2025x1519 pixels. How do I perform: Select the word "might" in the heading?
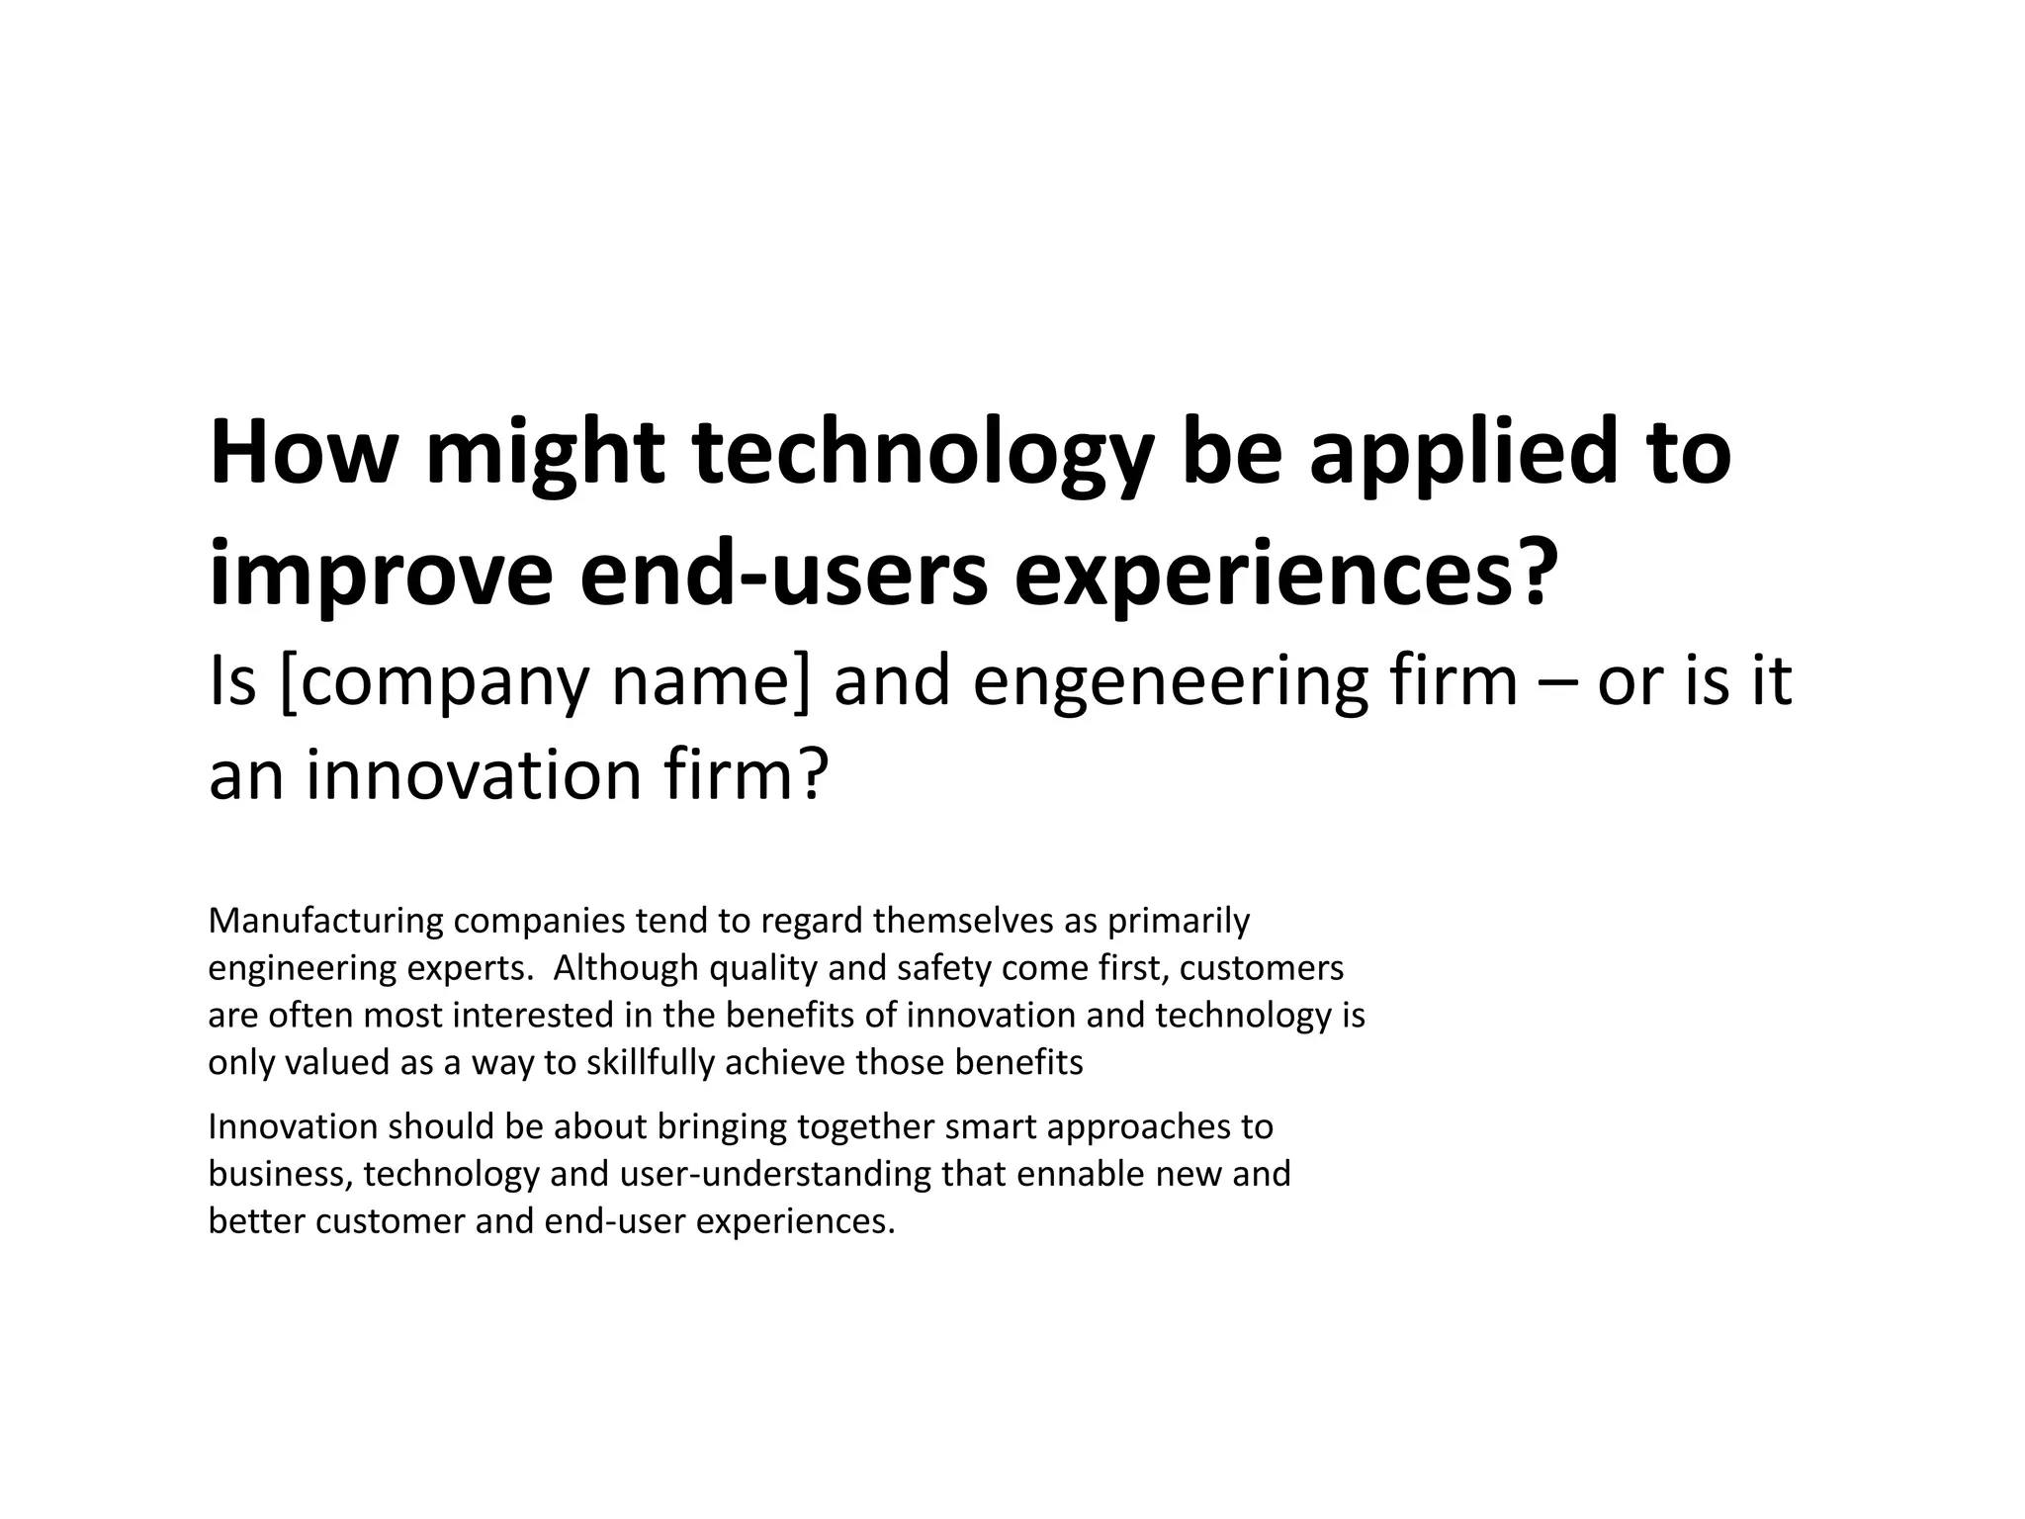coord(544,455)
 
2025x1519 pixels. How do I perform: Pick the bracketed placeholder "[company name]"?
coord(545,682)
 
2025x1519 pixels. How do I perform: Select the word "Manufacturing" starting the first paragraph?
coord(325,921)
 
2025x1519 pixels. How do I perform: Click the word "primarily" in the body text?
coord(1179,921)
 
